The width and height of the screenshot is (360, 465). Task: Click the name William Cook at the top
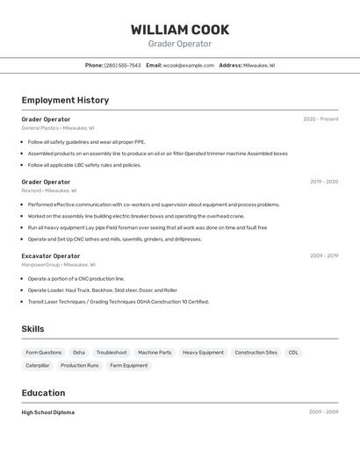tap(180, 30)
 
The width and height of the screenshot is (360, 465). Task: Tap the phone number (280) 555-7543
tap(122, 65)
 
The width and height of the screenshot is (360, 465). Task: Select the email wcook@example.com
tap(189, 65)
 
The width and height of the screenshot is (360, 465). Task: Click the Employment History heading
tap(65, 100)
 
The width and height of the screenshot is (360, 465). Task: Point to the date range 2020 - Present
tap(320, 119)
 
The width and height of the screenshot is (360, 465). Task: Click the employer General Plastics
tap(40, 128)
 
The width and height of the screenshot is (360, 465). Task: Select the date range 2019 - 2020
tap(323, 182)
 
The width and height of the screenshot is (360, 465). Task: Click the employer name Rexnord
tap(31, 190)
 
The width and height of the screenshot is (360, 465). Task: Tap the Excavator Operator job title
tap(50, 256)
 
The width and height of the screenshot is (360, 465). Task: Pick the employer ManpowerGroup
tap(40, 264)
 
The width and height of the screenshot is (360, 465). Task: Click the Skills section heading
tap(32, 329)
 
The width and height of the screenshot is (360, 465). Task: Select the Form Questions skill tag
tap(44, 353)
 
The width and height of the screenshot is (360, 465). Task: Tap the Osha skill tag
tap(79, 353)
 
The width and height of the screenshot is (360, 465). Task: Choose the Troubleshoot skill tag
tap(112, 353)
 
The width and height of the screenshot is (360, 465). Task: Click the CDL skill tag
tap(293, 353)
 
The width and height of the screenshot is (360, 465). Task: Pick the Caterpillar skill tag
tap(38, 365)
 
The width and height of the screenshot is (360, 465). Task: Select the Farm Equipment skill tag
tap(128, 365)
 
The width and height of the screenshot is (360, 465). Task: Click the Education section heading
tap(43, 393)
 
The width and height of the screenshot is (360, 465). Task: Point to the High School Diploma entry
tap(47, 412)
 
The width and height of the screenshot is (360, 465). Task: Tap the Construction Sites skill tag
tap(256, 353)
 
